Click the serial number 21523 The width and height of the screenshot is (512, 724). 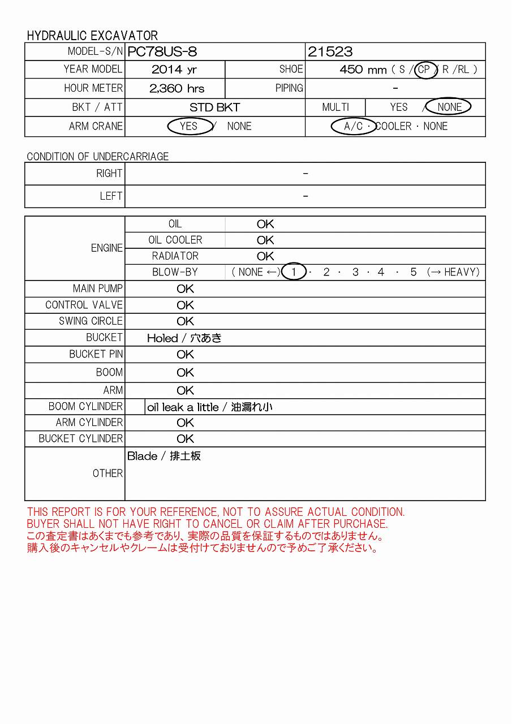(330, 52)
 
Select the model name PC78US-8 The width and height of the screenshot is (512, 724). (162, 52)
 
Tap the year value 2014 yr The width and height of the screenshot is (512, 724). (175, 70)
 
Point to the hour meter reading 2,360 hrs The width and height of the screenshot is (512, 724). (177, 88)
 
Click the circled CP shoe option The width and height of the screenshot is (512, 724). (424, 70)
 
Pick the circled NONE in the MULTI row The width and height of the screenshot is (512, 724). (449, 107)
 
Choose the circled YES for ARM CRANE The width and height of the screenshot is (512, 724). (189, 126)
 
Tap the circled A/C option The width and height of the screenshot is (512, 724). (354, 126)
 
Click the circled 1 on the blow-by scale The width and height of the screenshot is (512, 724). (294, 272)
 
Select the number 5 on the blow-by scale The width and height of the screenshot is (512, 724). (413, 272)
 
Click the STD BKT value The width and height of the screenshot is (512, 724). (214, 107)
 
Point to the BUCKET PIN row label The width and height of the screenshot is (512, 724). (96, 354)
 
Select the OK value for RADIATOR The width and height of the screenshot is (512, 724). (265, 256)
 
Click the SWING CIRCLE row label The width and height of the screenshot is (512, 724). (91, 321)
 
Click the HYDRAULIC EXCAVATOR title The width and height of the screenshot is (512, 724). (92, 35)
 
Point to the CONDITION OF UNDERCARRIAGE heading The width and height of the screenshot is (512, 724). (98, 157)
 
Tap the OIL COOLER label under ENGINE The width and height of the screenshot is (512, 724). (175, 240)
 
